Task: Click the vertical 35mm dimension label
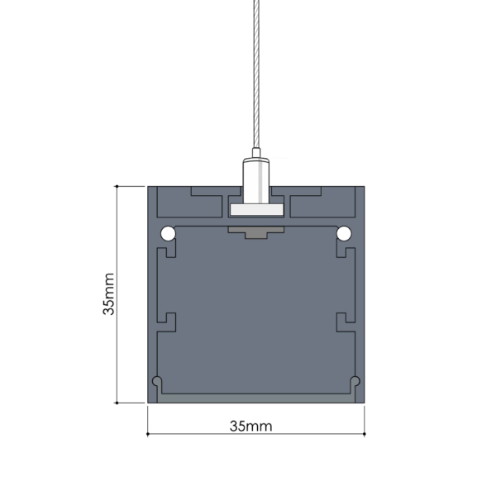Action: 108,293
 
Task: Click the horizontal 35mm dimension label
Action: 250,426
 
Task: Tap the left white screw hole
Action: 168,234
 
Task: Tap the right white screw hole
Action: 344,234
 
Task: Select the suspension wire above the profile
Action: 256,74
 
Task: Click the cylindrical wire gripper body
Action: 256,181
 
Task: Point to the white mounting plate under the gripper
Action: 256,210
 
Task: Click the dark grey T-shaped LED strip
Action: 256,231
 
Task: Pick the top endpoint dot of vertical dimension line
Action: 117,186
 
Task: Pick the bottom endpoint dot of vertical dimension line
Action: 117,403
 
